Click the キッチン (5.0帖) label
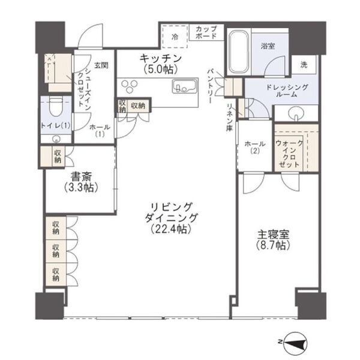pyautogui.click(x=160, y=63)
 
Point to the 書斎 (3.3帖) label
pyautogui.click(x=80, y=182)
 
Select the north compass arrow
pyautogui.click(x=296, y=342)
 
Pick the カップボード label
pyautogui.click(x=207, y=31)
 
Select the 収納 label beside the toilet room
pyautogui.click(x=58, y=156)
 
